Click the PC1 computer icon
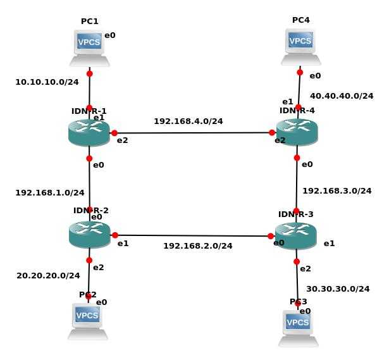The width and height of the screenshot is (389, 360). pos(89,47)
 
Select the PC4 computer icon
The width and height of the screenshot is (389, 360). pos(300,46)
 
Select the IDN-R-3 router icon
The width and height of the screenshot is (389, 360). pos(295,235)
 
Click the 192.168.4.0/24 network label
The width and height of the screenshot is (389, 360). pos(188,120)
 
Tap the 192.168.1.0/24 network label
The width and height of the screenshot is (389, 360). pos(50,192)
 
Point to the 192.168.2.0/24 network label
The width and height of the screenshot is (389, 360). pos(198,245)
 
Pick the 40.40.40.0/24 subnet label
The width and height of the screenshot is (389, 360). pos(342,96)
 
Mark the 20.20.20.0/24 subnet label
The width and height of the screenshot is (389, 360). pos(48,275)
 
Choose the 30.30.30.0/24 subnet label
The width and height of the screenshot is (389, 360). pos(338,288)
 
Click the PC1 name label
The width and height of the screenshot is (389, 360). pos(90,22)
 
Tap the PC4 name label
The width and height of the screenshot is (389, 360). pos(301,20)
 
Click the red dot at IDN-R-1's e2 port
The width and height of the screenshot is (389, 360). pos(114,133)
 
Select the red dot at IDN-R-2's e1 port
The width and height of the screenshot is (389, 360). pos(114,235)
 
